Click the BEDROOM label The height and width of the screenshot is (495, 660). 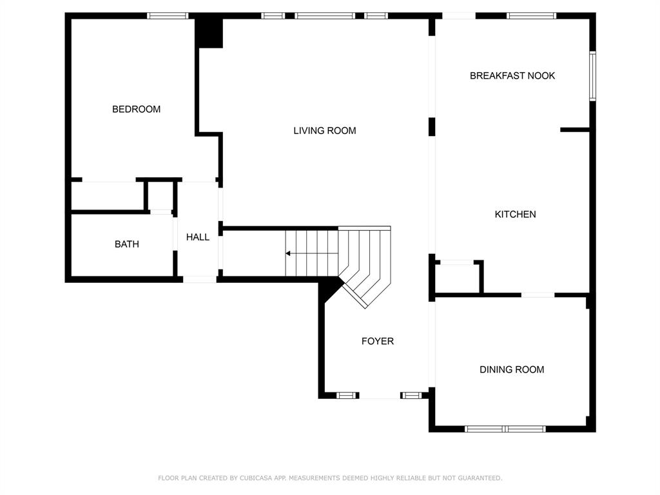pyautogui.click(x=136, y=110)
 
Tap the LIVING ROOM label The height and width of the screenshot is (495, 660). pyautogui.click(x=325, y=131)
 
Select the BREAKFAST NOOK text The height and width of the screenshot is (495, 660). pyautogui.click(x=512, y=76)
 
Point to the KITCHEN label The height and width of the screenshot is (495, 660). pyautogui.click(x=515, y=214)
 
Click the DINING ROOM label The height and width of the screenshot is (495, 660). pyautogui.click(x=512, y=369)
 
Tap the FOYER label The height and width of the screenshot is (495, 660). pyautogui.click(x=378, y=341)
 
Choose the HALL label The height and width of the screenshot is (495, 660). pyautogui.click(x=198, y=237)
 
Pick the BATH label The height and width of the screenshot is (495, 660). pyautogui.click(x=127, y=244)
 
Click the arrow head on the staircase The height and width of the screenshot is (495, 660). pyautogui.click(x=288, y=253)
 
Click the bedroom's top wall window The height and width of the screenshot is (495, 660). pyautogui.click(x=168, y=16)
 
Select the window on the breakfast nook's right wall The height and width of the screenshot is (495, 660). pyautogui.click(x=593, y=76)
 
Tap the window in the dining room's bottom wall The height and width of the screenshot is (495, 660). pyautogui.click(x=505, y=429)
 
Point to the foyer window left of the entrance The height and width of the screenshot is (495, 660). pyautogui.click(x=346, y=395)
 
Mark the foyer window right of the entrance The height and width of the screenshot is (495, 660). pyautogui.click(x=411, y=395)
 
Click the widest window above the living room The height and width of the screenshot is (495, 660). pyautogui.click(x=325, y=16)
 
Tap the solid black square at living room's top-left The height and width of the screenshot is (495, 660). pyautogui.click(x=209, y=32)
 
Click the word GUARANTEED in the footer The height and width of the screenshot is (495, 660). pyautogui.click(x=480, y=478)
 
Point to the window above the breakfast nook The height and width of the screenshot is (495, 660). pyautogui.click(x=532, y=16)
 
